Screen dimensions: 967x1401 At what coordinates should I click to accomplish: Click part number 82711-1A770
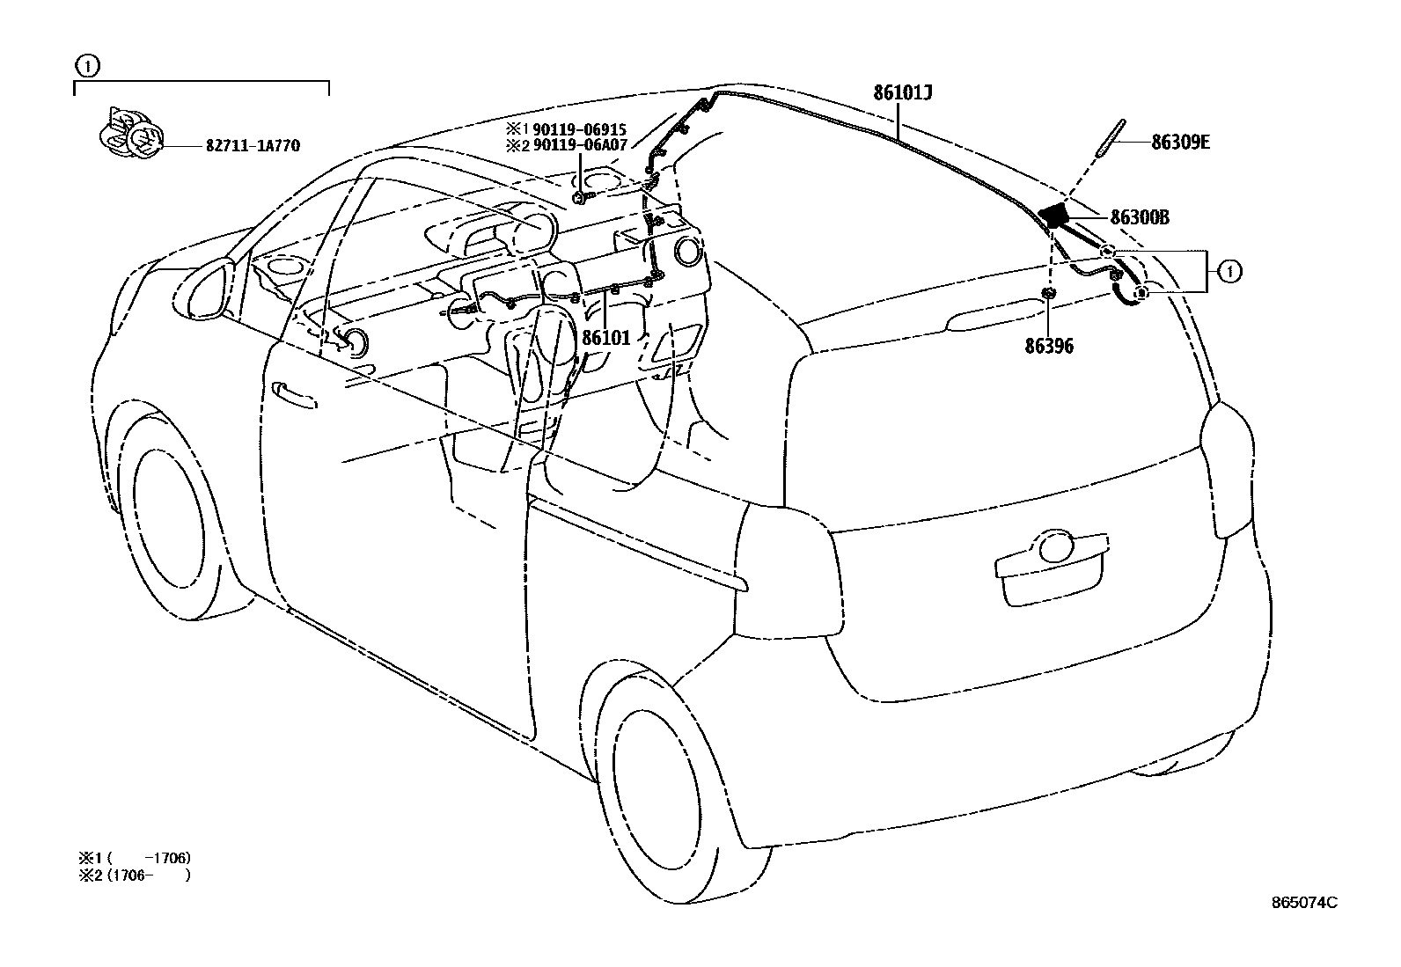(253, 146)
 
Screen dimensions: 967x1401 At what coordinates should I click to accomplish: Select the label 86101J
(903, 92)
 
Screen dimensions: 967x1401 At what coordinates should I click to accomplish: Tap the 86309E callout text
(1180, 142)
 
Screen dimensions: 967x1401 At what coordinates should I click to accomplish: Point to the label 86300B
(1140, 217)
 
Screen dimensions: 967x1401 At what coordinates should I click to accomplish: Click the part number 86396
(1049, 346)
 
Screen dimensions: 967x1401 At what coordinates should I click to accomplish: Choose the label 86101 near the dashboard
(606, 337)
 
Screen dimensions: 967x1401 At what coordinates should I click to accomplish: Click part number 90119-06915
(579, 129)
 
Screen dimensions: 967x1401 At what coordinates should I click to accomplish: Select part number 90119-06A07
(579, 145)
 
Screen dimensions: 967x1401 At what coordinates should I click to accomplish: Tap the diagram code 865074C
(1304, 902)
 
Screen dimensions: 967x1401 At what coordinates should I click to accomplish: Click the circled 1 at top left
(86, 64)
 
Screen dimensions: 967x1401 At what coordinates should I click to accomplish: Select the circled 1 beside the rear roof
(1229, 272)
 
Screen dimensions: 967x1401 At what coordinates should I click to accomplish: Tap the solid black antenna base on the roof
(1053, 214)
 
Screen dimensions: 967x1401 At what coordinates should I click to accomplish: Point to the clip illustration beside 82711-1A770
(128, 137)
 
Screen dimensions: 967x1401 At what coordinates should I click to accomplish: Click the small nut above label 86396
(1048, 293)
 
